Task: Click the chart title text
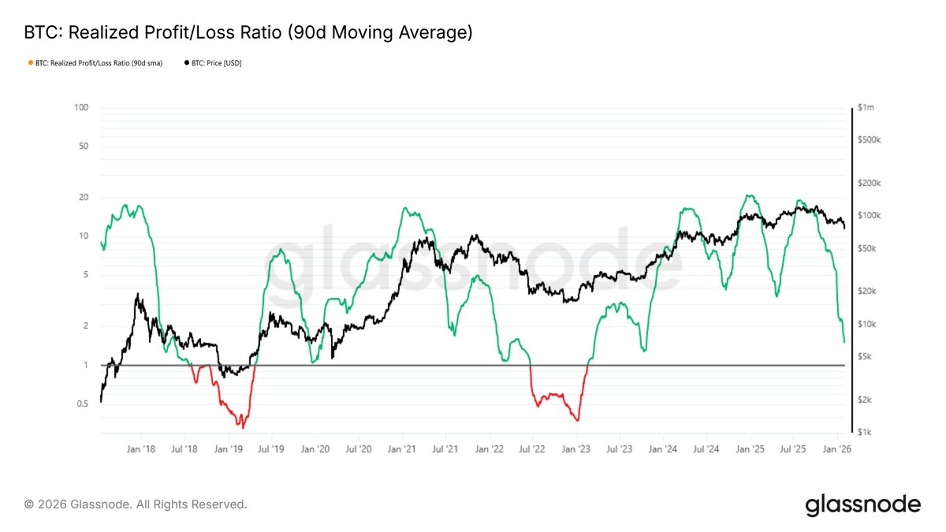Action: pyautogui.click(x=249, y=33)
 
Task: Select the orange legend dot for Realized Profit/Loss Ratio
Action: pyautogui.click(x=30, y=63)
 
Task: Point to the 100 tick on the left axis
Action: pyautogui.click(x=82, y=107)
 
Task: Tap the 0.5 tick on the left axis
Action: pyautogui.click(x=82, y=404)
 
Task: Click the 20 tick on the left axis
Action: pyautogui.click(x=84, y=197)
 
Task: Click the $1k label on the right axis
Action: pyautogui.click(x=865, y=433)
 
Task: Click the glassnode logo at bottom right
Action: pyautogui.click(x=862, y=504)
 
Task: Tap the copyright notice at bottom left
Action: pyautogui.click(x=136, y=504)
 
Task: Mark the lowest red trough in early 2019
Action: pyautogui.click(x=243, y=428)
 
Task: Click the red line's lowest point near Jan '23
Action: pyautogui.click(x=578, y=421)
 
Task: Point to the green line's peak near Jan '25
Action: pyautogui.click(x=749, y=195)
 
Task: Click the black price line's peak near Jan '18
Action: pyautogui.click(x=138, y=294)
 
